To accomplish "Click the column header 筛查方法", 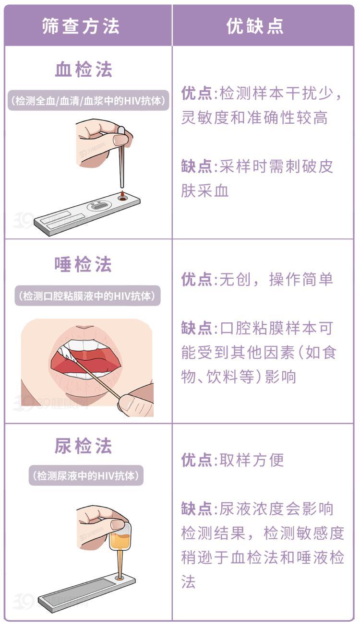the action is tap(81, 26).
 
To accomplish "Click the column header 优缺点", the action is tap(255, 26).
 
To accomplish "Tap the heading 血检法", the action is tap(84, 69).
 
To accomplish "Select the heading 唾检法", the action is tap(83, 264).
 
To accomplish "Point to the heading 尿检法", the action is tap(83, 446).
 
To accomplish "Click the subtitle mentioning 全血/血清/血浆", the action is tap(88, 100).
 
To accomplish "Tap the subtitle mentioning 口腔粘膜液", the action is tap(87, 296).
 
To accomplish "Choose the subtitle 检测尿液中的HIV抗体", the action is tap(86, 475).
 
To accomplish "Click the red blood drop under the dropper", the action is tap(122, 194).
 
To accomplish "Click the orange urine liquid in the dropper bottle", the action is tap(120, 541).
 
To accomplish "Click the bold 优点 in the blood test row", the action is tap(196, 93).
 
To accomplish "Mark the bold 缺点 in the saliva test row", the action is tap(196, 328).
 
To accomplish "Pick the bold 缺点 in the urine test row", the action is tap(196, 509).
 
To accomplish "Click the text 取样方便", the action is tap(252, 460).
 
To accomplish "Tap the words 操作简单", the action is tap(301, 279).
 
